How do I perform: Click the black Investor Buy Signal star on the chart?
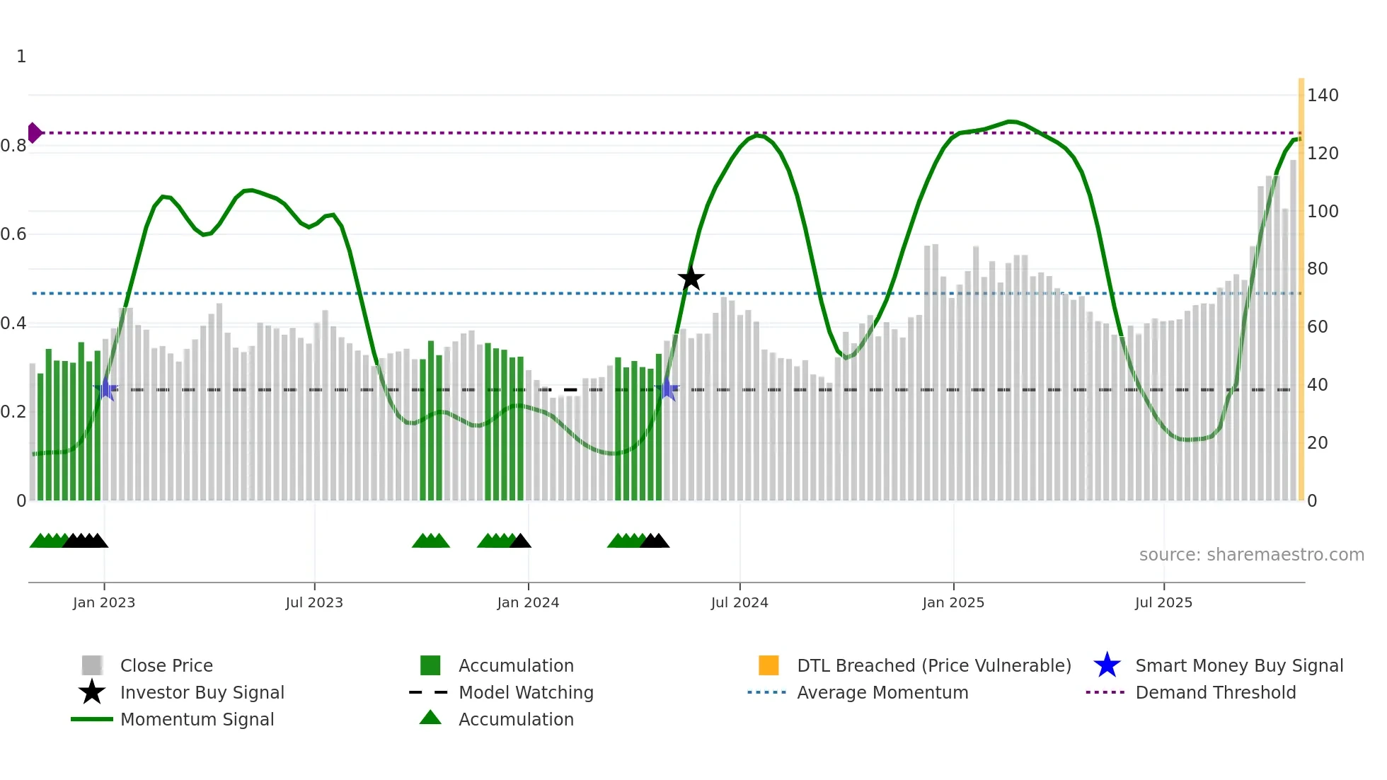click(x=691, y=278)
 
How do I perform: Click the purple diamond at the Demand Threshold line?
click(x=34, y=132)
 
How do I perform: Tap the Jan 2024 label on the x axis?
click(x=528, y=602)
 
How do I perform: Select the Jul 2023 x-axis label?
click(x=314, y=602)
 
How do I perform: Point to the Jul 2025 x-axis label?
click(x=1163, y=602)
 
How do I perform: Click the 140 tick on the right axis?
click(x=1322, y=96)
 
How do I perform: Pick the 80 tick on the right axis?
click(x=1317, y=269)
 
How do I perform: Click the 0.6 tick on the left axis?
click(x=13, y=234)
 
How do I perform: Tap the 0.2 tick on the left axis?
click(x=13, y=412)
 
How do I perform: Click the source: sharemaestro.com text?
click(x=1251, y=555)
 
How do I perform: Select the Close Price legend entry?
click(x=166, y=665)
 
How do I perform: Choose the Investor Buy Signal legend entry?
click(x=202, y=692)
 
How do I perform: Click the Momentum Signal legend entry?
click(x=197, y=719)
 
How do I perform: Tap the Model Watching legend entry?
click(x=526, y=692)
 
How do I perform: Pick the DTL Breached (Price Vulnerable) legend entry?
click(x=933, y=665)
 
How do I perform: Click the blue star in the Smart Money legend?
click(x=1107, y=665)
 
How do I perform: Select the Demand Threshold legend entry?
click(x=1215, y=692)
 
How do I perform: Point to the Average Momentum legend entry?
click(x=882, y=692)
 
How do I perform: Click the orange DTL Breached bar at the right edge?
click(x=1301, y=290)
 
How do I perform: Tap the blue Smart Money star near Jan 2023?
click(x=105, y=389)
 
